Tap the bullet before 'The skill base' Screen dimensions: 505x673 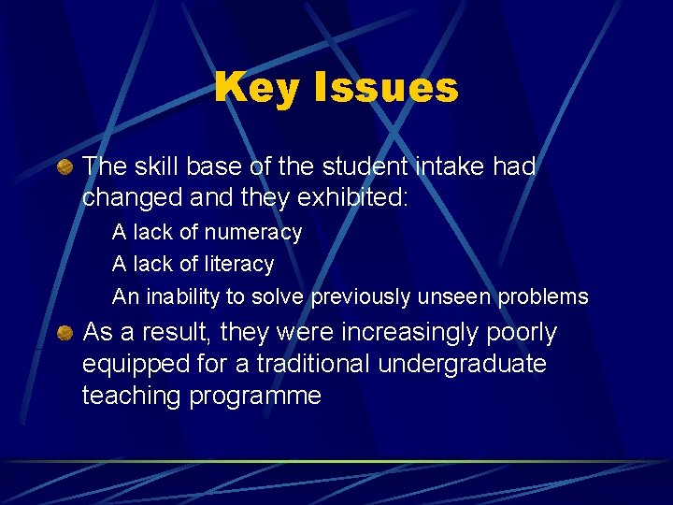click(64, 167)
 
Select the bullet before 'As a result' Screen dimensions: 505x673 click(64, 333)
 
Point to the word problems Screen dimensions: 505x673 click(546, 297)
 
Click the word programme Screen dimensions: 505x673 click(255, 397)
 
